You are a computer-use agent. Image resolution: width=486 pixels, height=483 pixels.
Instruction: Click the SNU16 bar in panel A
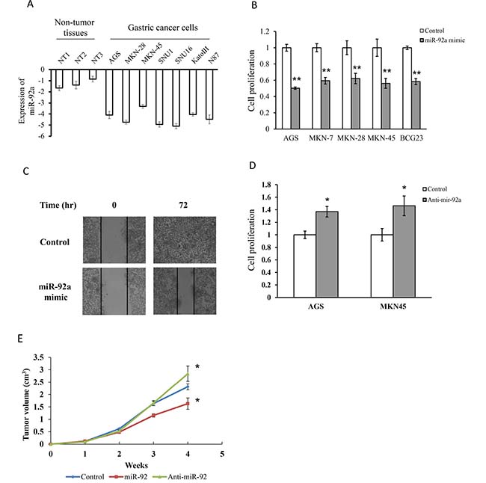click(x=176, y=98)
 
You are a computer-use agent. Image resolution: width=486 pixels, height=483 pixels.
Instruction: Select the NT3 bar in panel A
click(x=93, y=74)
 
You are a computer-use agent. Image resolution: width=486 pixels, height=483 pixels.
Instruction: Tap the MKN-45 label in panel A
click(x=152, y=53)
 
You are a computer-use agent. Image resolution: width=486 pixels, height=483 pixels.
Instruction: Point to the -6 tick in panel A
click(x=42, y=136)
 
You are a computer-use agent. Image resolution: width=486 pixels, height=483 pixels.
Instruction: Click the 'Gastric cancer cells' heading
click(x=163, y=28)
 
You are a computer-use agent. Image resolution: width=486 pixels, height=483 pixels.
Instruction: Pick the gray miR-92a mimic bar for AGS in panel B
click(x=295, y=108)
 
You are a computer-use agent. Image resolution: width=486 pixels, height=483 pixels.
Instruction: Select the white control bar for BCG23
click(x=407, y=88)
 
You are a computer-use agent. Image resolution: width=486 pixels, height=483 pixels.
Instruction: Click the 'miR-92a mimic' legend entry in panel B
click(x=443, y=40)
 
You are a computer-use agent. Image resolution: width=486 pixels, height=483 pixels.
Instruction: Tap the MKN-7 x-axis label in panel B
click(x=321, y=138)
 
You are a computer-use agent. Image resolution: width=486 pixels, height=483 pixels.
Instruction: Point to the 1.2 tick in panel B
click(x=265, y=31)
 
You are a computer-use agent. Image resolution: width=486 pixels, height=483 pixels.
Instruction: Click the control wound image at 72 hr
click(x=185, y=240)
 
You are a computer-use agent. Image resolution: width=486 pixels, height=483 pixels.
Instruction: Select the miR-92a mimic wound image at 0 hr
click(x=114, y=291)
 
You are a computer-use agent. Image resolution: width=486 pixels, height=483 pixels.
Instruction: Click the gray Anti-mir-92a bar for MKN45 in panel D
click(x=405, y=251)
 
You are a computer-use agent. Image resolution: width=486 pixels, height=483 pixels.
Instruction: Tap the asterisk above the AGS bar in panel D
click(x=327, y=200)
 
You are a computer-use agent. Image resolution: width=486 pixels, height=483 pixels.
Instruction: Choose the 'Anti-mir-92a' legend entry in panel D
click(x=442, y=200)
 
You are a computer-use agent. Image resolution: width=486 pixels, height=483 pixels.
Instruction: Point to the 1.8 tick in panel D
click(x=266, y=185)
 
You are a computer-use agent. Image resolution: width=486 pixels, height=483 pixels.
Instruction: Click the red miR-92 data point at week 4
click(x=188, y=404)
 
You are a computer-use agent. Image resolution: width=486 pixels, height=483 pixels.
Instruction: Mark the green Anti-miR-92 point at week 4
click(x=188, y=374)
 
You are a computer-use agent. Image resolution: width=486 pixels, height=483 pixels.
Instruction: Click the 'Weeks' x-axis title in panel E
click(x=136, y=465)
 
